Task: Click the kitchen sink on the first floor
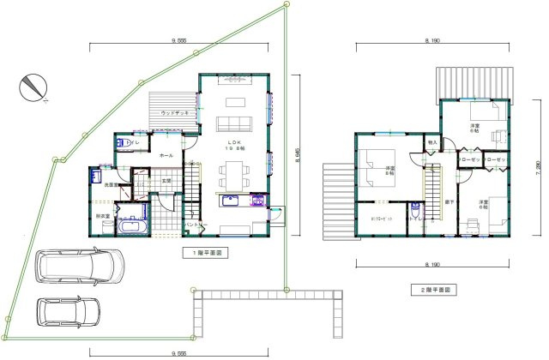(232, 202)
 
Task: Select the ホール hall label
(166, 155)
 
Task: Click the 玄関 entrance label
(166, 181)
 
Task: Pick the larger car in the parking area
(77, 267)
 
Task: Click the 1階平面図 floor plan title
(202, 254)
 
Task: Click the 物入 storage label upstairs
(432, 142)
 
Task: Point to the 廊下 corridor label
(449, 202)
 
